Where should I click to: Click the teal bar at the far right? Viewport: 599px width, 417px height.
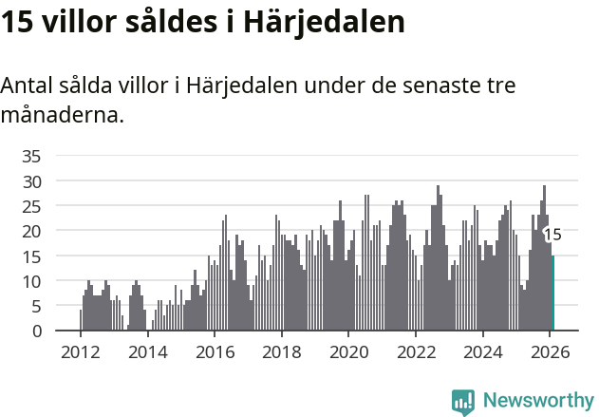click(x=552, y=294)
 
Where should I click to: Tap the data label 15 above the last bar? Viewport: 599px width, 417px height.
click(x=552, y=235)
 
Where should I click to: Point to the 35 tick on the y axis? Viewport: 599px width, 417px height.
click(x=31, y=156)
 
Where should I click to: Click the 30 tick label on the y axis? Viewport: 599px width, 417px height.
click(x=31, y=180)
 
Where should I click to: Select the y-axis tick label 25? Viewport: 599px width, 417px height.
click(x=31, y=206)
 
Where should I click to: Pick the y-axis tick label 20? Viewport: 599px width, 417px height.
click(x=31, y=231)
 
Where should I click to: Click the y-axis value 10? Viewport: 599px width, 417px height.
click(x=31, y=281)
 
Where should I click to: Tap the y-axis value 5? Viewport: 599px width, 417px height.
click(x=36, y=306)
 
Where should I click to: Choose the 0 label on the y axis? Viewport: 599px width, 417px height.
click(x=36, y=332)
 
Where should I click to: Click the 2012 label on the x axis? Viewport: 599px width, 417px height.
click(x=80, y=351)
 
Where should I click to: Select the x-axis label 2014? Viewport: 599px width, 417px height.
click(x=147, y=351)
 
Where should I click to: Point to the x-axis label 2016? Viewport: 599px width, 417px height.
click(x=215, y=351)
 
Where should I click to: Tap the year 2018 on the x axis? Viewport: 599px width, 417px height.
click(x=281, y=351)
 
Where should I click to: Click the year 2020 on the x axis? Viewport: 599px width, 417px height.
click(x=348, y=351)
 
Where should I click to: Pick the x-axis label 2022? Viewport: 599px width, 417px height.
click(x=416, y=351)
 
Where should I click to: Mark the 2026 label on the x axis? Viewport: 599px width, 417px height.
click(x=550, y=351)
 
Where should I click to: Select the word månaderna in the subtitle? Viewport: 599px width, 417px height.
click(x=62, y=116)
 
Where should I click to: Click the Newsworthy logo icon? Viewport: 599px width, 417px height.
click(x=463, y=402)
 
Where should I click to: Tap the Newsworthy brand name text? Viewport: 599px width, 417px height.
click(x=537, y=401)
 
